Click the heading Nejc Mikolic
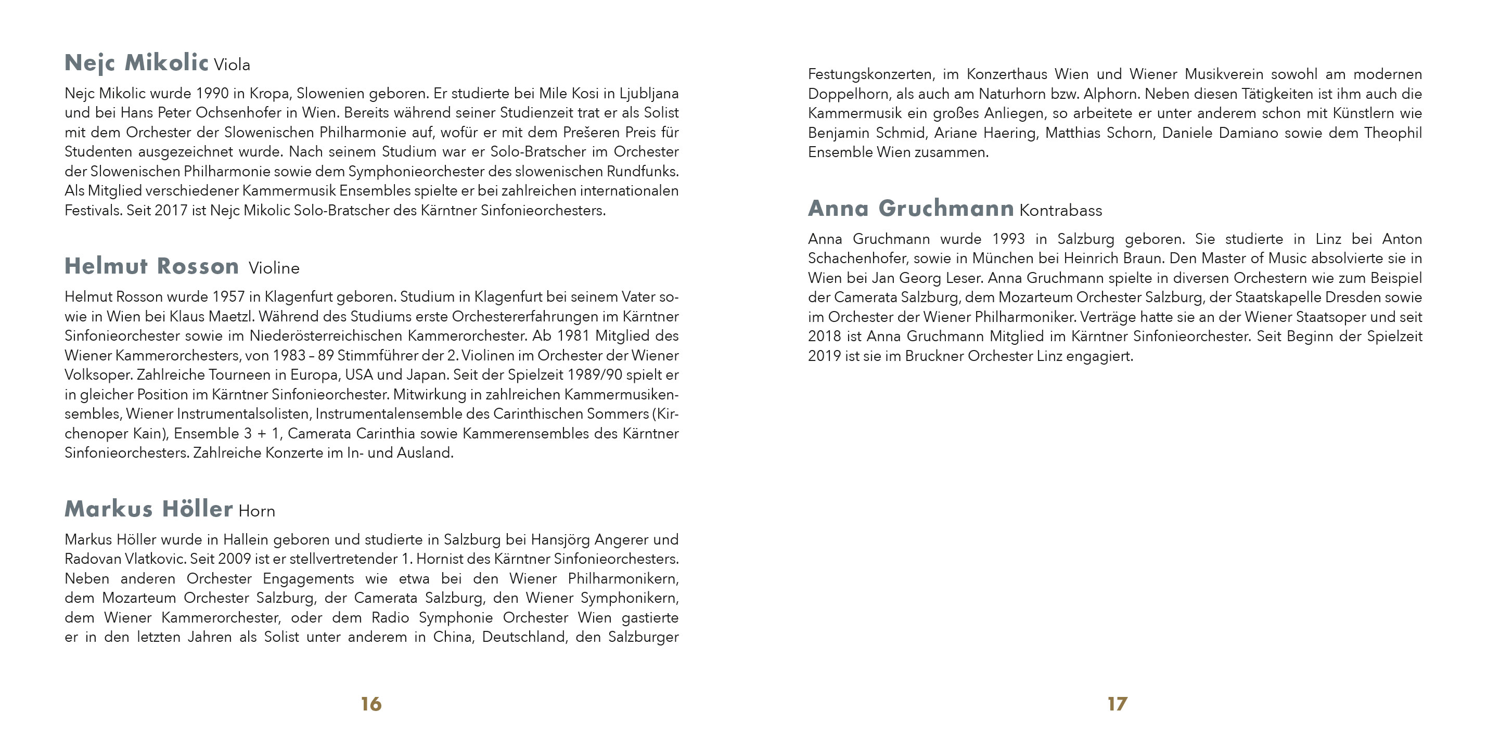click(x=136, y=63)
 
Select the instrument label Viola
click(x=232, y=65)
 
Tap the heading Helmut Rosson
click(x=152, y=267)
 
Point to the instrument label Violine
click(x=274, y=268)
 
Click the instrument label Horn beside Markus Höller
click(x=257, y=511)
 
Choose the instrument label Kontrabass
click(x=1060, y=211)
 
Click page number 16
click(x=371, y=704)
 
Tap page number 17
click(x=1117, y=704)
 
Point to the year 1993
click(x=1008, y=239)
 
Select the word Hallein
click(x=246, y=540)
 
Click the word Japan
click(x=427, y=375)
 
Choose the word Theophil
click(x=1392, y=133)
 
